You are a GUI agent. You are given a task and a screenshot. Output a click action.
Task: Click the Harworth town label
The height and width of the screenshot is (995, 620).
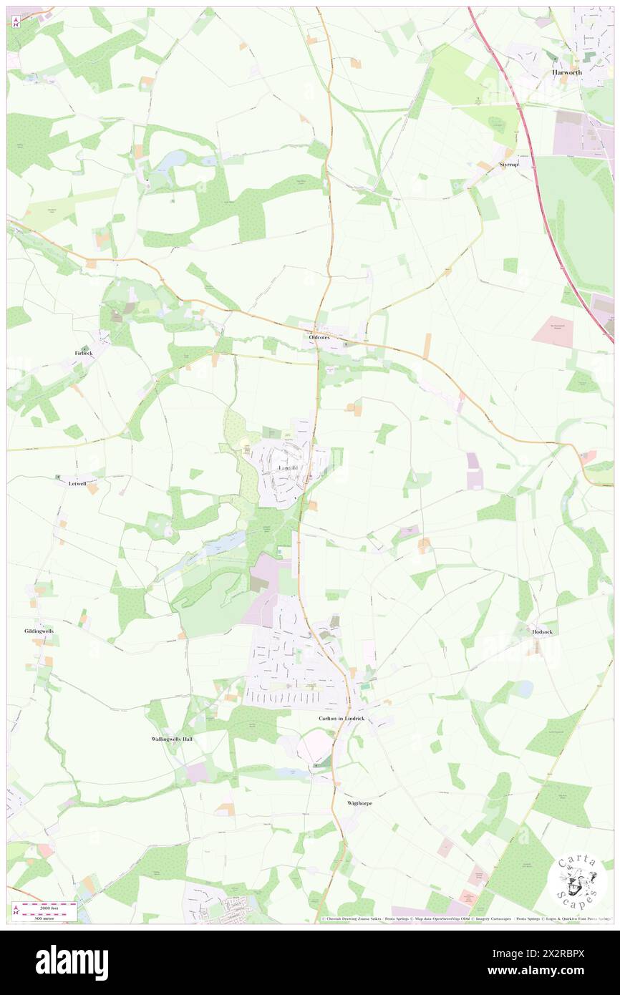coord(566,73)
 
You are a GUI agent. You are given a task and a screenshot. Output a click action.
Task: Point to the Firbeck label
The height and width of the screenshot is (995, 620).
coord(84,354)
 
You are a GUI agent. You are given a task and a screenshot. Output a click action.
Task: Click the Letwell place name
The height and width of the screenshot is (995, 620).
coord(77,483)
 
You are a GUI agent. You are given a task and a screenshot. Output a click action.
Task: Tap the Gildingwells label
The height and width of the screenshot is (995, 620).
coord(39,631)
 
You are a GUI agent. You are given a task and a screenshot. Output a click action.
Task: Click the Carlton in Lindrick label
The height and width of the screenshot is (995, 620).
coord(342,718)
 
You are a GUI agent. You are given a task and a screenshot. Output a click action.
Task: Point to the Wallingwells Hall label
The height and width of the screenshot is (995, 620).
coord(172,739)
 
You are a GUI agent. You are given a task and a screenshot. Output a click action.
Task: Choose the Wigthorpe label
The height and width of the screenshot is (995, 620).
coord(359,803)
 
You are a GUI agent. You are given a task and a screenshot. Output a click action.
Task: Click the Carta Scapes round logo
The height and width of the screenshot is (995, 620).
coord(576,882)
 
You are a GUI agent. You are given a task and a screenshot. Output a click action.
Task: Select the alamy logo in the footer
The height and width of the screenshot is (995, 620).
coord(72,962)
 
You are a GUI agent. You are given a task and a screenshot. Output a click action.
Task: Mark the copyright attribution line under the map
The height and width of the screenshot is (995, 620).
coord(465,919)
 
